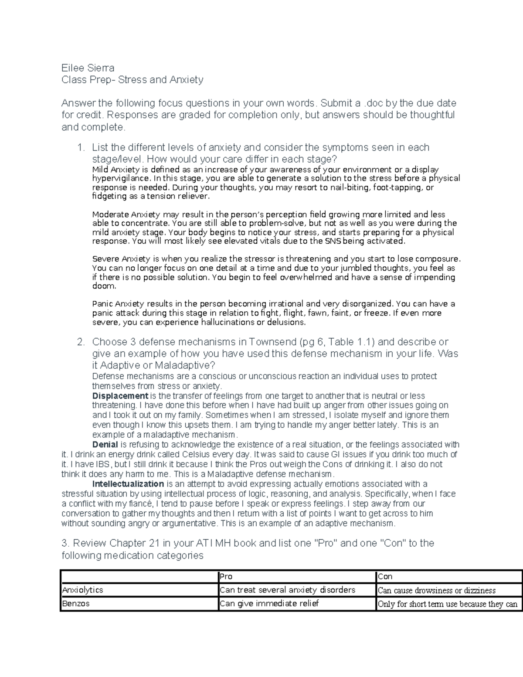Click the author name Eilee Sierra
tap(88, 68)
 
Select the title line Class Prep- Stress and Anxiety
tap(132, 80)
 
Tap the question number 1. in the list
tap(81, 148)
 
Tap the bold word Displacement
tap(120, 396)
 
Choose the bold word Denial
tap(105, 445)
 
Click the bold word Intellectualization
tap(128, 484)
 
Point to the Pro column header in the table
tap(226, 576)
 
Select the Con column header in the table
tap(385, 576)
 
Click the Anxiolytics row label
tap(83, 590)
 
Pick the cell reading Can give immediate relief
tap(269, 604)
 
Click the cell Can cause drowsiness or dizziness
tap(436, 591)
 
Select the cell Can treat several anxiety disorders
tap(287, 590)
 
